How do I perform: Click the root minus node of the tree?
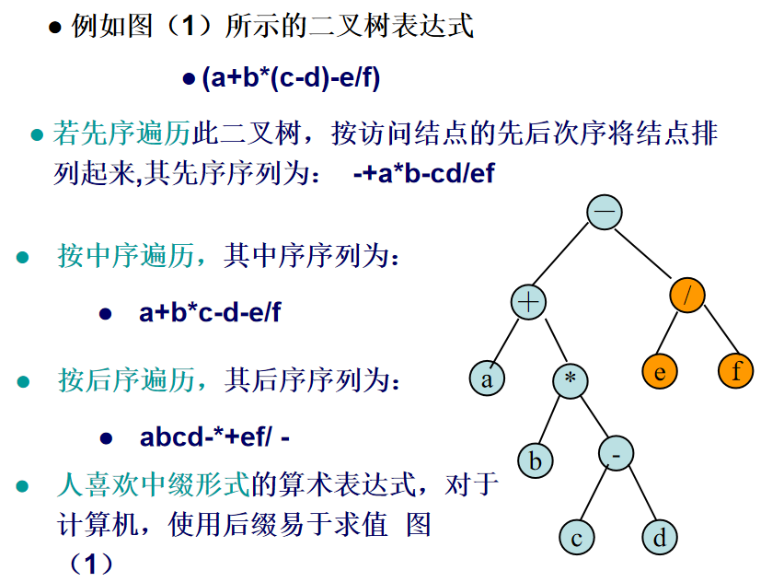[x=605, y=212]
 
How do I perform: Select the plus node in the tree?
[x=530, y=302]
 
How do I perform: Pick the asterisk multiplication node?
[x=571, y=379]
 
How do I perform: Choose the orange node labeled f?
[x=735, y=371]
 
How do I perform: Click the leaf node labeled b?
[x=535, y=460]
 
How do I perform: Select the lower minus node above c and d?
[x=617, y=453]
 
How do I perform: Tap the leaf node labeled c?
[x=576, y=538]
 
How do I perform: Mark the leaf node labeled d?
[x=659, y=537]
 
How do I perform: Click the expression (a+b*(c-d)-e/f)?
[x=291, y=78]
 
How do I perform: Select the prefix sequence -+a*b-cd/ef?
[x=423, y=173]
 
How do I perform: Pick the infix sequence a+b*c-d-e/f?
[x=210, y=312]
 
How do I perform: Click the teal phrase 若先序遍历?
[x=121, y=134]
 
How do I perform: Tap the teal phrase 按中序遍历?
[x=125, y=255]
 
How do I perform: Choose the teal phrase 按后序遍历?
[x=126, y=379]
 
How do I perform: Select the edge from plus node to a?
[x=507, y=341]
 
